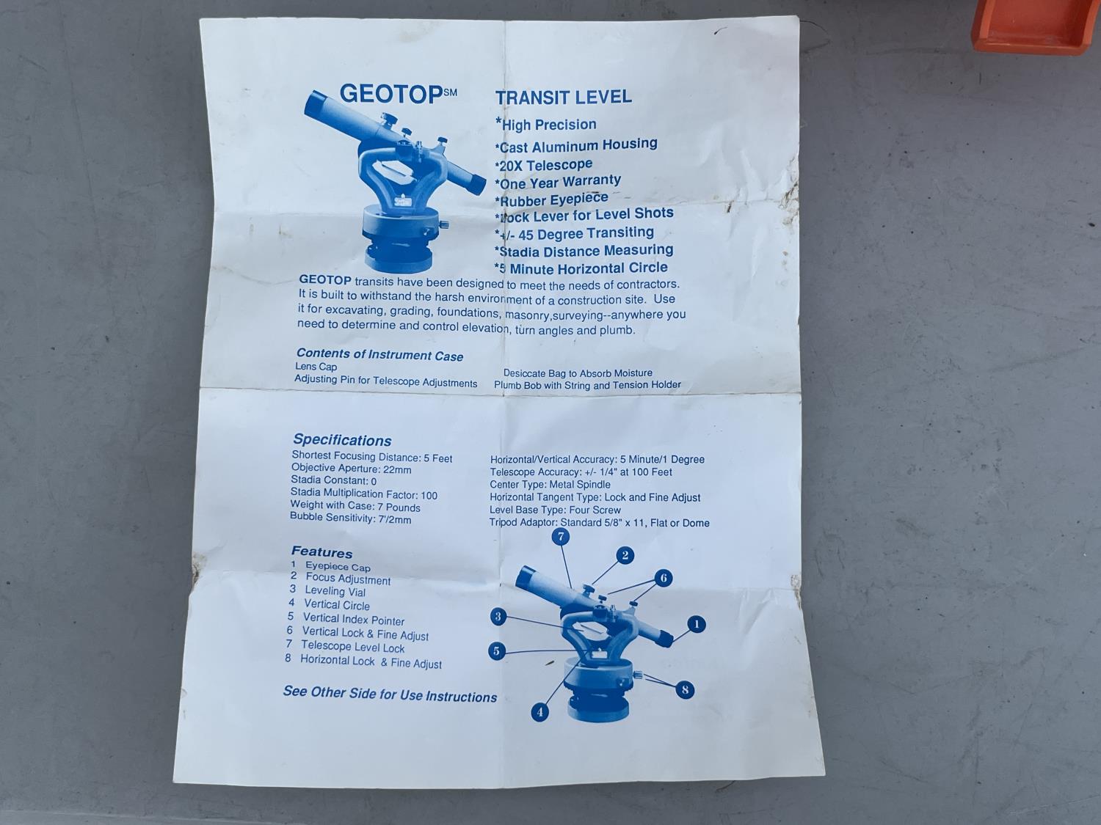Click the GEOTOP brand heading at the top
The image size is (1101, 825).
[399, 94]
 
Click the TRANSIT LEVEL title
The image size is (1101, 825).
[563, 97]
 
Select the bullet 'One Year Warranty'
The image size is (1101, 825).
[558, 183]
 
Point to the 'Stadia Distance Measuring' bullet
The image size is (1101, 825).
[584, 251]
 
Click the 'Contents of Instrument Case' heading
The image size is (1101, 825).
[379, 355]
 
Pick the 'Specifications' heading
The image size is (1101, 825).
[342, 440]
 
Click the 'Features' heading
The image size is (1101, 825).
[322, 552]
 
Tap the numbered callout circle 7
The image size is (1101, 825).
[561, 537]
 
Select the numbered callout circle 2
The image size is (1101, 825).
[625, 555]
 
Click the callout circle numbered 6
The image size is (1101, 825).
[663, 579]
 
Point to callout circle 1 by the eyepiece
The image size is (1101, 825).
[697, 624]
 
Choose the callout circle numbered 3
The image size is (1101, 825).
[498, 616]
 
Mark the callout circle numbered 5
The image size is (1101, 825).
[497, 650]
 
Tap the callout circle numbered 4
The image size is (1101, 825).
[539, 712]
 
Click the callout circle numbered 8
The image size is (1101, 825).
[685, 690]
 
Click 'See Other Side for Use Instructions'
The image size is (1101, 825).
[390, 694]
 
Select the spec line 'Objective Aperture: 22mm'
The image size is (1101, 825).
[351, 469]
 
